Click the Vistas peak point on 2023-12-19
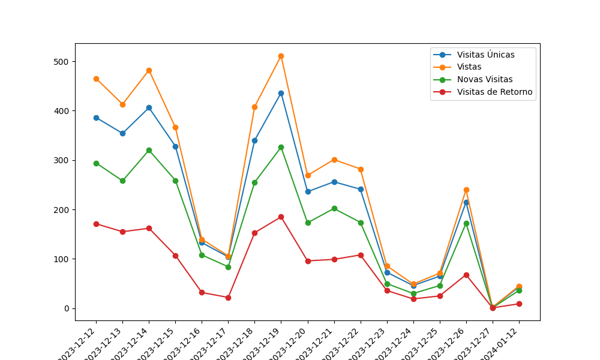(x=281, y=56)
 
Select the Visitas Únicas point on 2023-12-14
(x=149, y=107)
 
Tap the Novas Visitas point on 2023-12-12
(x=96, y=163)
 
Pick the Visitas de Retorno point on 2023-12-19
(x=281, y=217)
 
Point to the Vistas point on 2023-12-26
(x=466, y=190)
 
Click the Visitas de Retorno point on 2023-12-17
(x=228, y=298)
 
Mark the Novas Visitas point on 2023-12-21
(x=334, y=208)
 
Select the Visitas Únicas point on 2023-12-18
(x=254, y=140)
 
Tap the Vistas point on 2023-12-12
(x=96, y=79)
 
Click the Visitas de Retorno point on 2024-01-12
(x=519, y=304)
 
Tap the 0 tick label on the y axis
(x=67, y=308)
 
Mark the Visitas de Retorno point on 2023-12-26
(x=466, y=275)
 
